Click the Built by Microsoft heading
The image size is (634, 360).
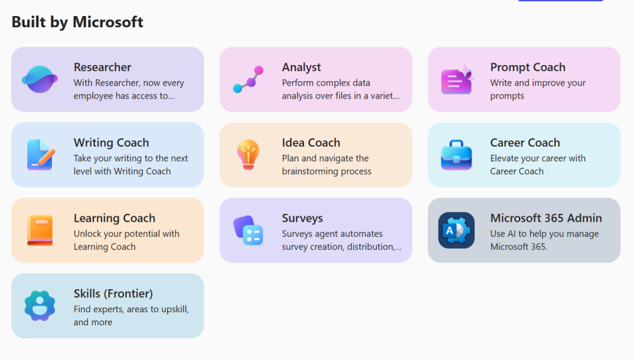tap(77, 22)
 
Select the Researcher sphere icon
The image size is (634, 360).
tap(40, 79)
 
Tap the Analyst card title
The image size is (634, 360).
tap(302, 67)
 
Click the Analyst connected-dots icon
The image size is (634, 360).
tap(248, 79)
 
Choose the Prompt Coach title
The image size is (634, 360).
tap(528, 67)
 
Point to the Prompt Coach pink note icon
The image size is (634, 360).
tap(457, 80)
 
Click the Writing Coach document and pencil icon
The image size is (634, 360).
tap(40, 154)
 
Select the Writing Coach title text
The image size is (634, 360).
tap(111, 143)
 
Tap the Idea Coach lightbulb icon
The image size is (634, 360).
tap(248, 154)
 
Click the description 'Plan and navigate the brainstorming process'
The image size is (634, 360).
tap(326, 165)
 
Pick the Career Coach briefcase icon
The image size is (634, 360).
tap(456, 155)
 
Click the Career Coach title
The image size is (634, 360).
tap(525, 143)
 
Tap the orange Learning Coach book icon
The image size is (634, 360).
tap(40, 230)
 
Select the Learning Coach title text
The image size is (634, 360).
tap(115, 219)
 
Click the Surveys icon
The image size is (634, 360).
tap(248, 230)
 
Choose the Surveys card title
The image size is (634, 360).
tap(302, 219)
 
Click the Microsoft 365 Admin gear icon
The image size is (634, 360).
tap(456, 230)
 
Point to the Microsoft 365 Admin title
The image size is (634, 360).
tap(546, 219)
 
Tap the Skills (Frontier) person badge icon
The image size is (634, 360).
tap(40, 306)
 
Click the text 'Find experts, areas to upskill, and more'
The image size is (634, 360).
tap(131, 315)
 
